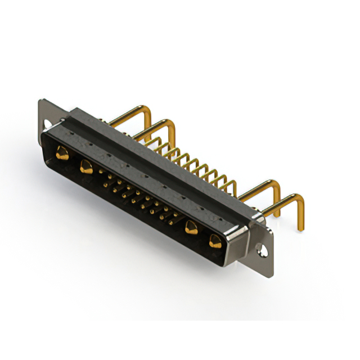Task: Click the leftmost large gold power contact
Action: click(x=61, y=152)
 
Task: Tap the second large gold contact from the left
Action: click(x=86, y=166)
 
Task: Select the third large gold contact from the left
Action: click(x=191, y=227)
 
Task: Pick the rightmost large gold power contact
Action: click(x=214, y=242)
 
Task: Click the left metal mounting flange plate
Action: click(x=46, y=115)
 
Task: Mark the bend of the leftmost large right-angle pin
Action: click(x=147, y=112)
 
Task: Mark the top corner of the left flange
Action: click(x=41, y=101)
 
